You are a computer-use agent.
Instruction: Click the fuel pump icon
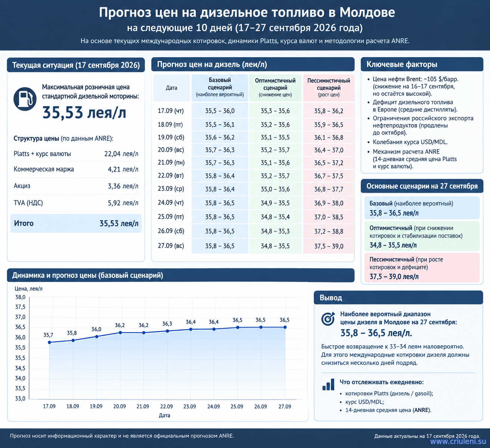click(x=25, y=99)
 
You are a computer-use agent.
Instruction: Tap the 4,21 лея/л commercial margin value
click(x=123, y=169)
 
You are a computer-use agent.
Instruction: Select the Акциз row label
click(x=22, y=186)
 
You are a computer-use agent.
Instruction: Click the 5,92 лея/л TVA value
click(x=123, y=203)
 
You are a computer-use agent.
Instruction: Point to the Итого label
click(x=24, y=223)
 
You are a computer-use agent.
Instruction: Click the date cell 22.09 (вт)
click(x=171, y=176)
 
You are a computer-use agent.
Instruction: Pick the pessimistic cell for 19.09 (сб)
click(x=329, y=138)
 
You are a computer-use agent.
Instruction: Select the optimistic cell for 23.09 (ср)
click(x=275, y=189)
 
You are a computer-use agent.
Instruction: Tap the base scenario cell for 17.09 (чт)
click(x=220, y=111)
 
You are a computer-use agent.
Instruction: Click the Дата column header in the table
click(x=171, y=88)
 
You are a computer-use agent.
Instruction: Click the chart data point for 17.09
click(x=50, y=342)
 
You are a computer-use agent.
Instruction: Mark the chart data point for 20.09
click(x=120, y=333)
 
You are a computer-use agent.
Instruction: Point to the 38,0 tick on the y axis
click(x=20, y=297)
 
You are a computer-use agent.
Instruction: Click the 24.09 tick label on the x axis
click(x=214, y=407)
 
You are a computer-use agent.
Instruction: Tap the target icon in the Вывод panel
click(x=328, y=318)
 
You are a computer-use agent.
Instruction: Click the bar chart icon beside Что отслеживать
click(x=328, y=384)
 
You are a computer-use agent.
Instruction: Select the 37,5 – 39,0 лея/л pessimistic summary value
click(x=394, y=276)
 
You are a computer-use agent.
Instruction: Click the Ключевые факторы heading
click(x=402, y=64)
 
